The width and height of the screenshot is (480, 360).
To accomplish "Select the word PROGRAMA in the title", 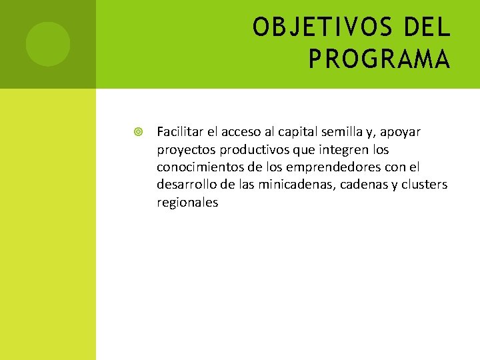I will pos(379,59).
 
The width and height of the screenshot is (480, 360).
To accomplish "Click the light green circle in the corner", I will pos(48,44).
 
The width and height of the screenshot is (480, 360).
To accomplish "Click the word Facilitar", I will pos(179,132).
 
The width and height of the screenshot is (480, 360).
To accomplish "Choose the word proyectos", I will pos(183,150).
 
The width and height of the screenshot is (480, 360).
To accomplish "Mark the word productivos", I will pos(248,150).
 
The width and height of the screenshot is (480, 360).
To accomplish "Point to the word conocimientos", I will pos(198,167).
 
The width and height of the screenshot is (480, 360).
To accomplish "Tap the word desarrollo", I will pos(185,184).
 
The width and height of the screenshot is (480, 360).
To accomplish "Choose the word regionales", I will pos(187,202).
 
